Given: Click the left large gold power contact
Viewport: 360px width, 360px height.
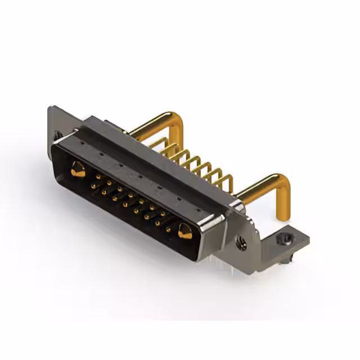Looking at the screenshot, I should pyautogui.click(x=78, y=169).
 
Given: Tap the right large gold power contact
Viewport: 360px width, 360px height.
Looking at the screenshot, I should pyautogui.click(x=184, y=230).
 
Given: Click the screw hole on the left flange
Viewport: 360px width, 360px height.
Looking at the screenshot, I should pyautogui.click(x=57, y=135).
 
